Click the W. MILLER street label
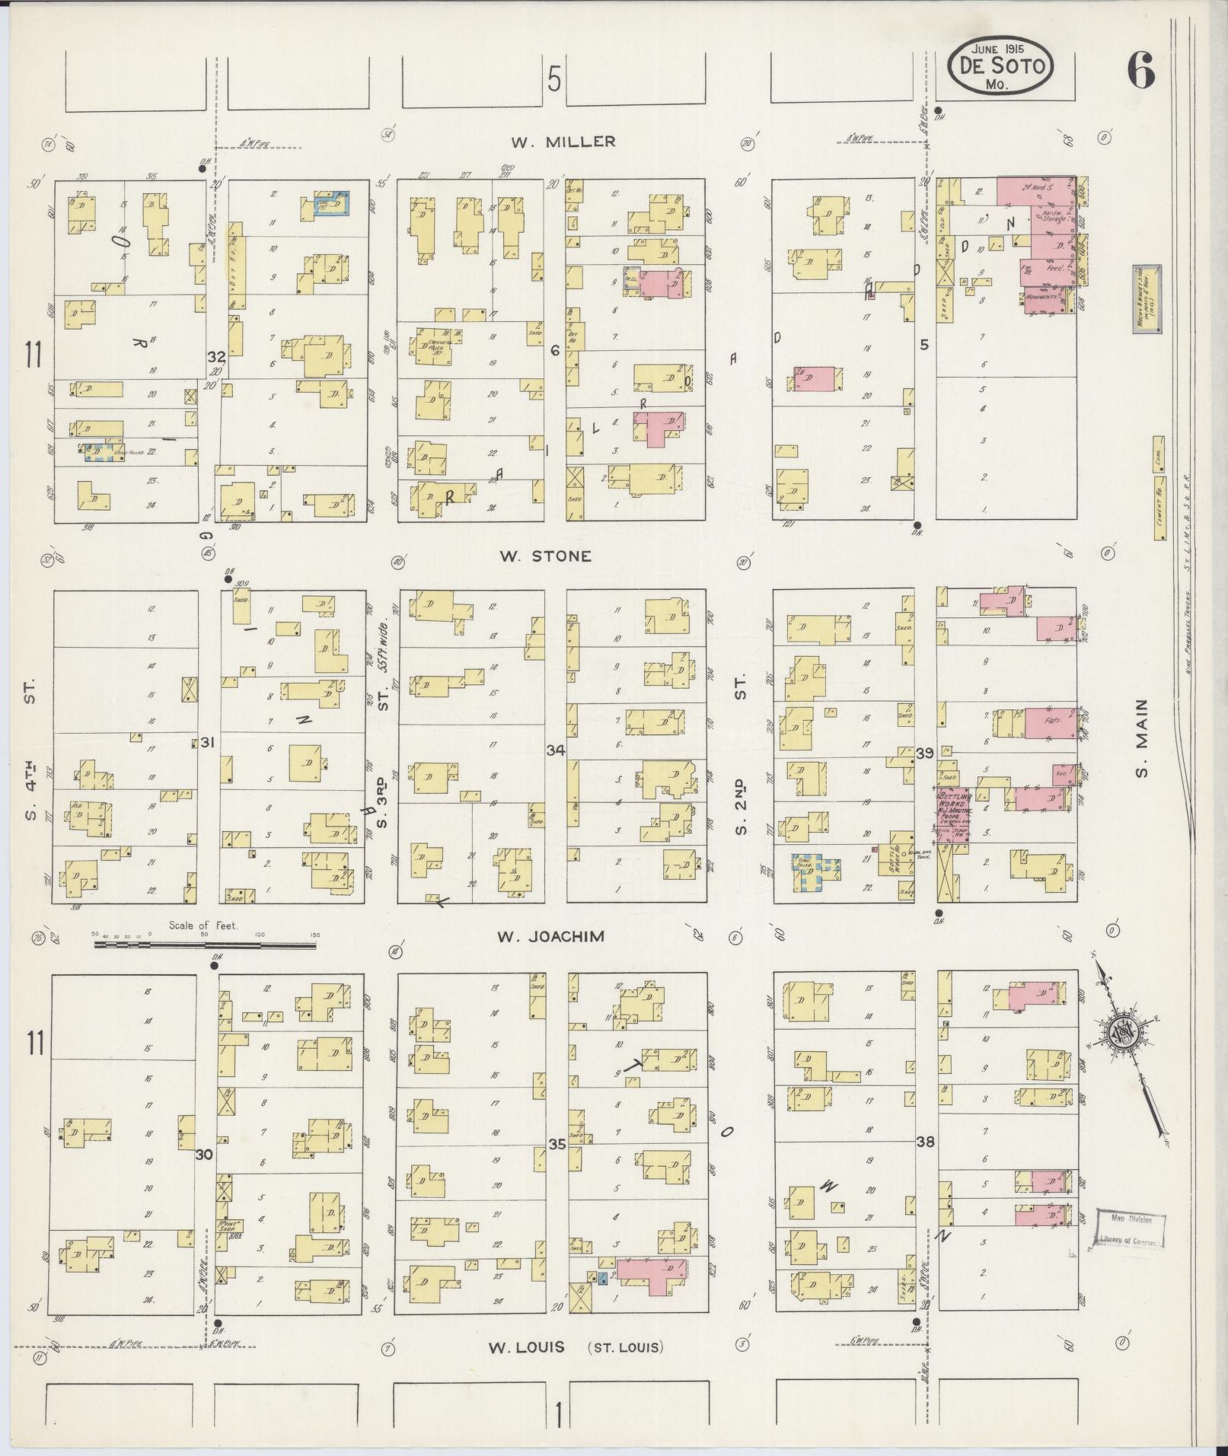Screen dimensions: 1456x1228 click(x=563, y=142)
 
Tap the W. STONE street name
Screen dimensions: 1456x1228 click(x=544, y=556)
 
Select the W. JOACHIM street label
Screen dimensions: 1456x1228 click(x=550, y=937)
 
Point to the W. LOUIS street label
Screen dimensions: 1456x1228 click(x=526, y=1347)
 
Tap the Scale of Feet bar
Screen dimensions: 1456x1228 click(x=205, y=945)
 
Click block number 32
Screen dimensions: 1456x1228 click(x=217, y=356)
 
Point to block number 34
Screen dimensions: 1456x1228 click(x=556, y=751)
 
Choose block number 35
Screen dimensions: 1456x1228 click(x=558, y=1143)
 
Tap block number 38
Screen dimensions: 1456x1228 click(x=925, y=1142)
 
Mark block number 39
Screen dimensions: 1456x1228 click(x=925, y=753)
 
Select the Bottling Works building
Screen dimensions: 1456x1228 click(x=952, y=815)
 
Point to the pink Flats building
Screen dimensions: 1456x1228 click(x=1048, y=722)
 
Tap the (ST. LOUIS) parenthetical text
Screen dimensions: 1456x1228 click(x=625, y=1347)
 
